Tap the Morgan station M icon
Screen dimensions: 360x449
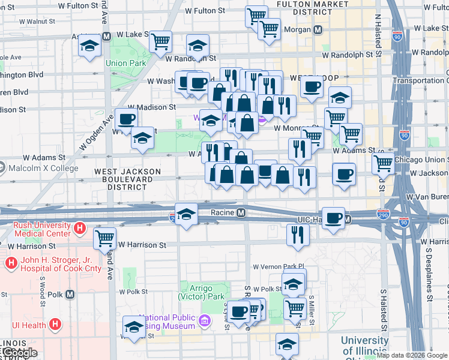pyautogui.click(x=319, y=29)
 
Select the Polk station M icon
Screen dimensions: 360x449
pyautogui.click(x=70, y=294)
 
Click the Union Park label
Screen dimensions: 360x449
pyautogui.click(x=125, y=63)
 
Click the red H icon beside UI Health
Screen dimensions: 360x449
pyautogui.click(x=55, y=325)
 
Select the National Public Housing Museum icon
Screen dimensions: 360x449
pyautogui.click(x=205, y=322)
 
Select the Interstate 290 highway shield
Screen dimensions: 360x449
pyautogui.click(x=382, y=213)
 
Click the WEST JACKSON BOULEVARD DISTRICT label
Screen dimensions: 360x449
pyautogui.click(x=127, y=179)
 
